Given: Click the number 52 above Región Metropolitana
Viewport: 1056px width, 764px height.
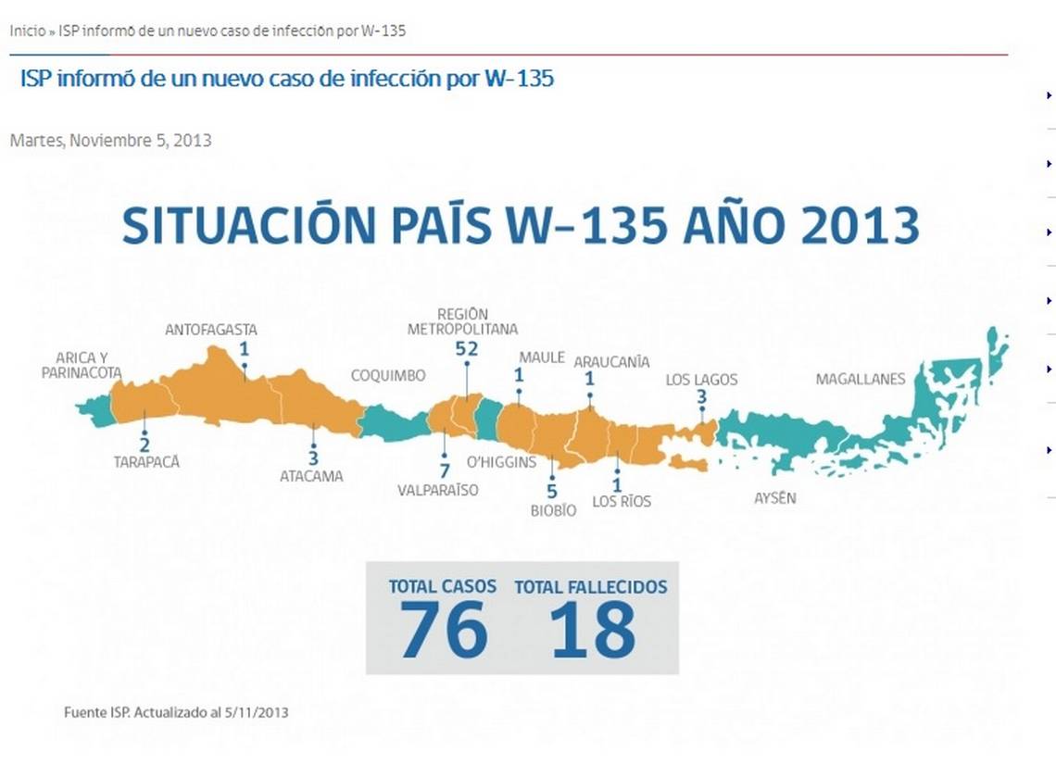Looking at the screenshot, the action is click(467, 349).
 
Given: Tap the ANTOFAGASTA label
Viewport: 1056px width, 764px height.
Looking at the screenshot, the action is click(211, 330).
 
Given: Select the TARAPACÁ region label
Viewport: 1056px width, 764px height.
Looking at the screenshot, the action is click(146, 462).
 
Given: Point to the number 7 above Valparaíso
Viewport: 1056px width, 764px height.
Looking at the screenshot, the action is click(445, 470).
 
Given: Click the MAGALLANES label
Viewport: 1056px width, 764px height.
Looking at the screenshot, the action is click(861, 379).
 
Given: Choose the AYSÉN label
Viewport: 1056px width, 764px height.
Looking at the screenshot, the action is click(775, 498).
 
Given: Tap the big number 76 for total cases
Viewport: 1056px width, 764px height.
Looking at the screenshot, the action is click(444, 630).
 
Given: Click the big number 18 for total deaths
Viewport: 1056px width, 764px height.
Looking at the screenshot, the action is click(592, 630).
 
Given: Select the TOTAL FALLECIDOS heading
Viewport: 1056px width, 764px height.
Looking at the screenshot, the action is click(591, 587).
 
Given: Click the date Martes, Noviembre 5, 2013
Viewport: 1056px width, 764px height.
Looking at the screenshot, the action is click(110, 141).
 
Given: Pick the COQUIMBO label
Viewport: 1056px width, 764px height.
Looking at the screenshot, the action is click(388, 376).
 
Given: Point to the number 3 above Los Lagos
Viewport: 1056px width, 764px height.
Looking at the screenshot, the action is click(702, 397).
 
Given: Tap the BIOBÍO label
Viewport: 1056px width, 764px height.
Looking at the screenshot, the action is click(554, 511).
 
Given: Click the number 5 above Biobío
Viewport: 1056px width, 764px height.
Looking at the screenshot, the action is click(552, 492).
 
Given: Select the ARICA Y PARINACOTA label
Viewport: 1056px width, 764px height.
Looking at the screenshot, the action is click(82, 366).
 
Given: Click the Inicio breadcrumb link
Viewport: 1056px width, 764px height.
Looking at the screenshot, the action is click(28, 31).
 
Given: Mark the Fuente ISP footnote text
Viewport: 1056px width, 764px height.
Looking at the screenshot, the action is click(176, 712).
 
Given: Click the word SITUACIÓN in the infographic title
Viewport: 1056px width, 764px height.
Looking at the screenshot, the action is click(249, 226).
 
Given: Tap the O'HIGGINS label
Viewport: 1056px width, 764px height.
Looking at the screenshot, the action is click(502, 462).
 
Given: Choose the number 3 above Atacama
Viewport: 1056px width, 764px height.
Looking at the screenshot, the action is click(313, 457).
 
